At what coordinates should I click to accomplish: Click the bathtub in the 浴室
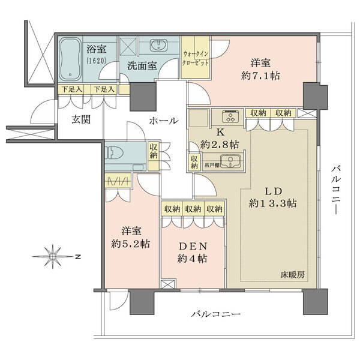click(x=70, y=59)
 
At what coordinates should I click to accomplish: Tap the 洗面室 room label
click(x=142, y=66)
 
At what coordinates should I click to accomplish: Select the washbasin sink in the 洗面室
click(x=158, y=45)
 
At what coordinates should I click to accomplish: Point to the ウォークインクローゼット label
click(x=196, y=58)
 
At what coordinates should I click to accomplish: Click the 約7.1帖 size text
click(x=260, y=76)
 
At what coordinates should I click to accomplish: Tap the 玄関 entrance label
click(x=81, y=119)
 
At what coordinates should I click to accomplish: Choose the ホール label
click(x=163, y=121)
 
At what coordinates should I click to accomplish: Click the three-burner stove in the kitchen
click(x=230, y=116)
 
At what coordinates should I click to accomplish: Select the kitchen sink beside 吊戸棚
click(x=230, y=161)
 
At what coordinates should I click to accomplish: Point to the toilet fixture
click(x=114, y=152)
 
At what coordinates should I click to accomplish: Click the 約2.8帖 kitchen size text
click(x=220, y=145)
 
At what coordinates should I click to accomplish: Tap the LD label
click(x=274, y=191)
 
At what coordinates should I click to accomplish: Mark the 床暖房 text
click(x=293, y=275)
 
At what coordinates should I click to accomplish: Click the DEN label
click(x=193, y=247)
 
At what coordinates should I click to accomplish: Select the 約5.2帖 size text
click(x=130, y=244)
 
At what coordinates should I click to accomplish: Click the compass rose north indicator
click(x=53, y=256)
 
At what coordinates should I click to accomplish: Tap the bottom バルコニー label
click(x=216, y=314)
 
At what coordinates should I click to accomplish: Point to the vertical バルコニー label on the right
click(x=335, y=191)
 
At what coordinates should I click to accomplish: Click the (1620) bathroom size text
click(x=97, y=61)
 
